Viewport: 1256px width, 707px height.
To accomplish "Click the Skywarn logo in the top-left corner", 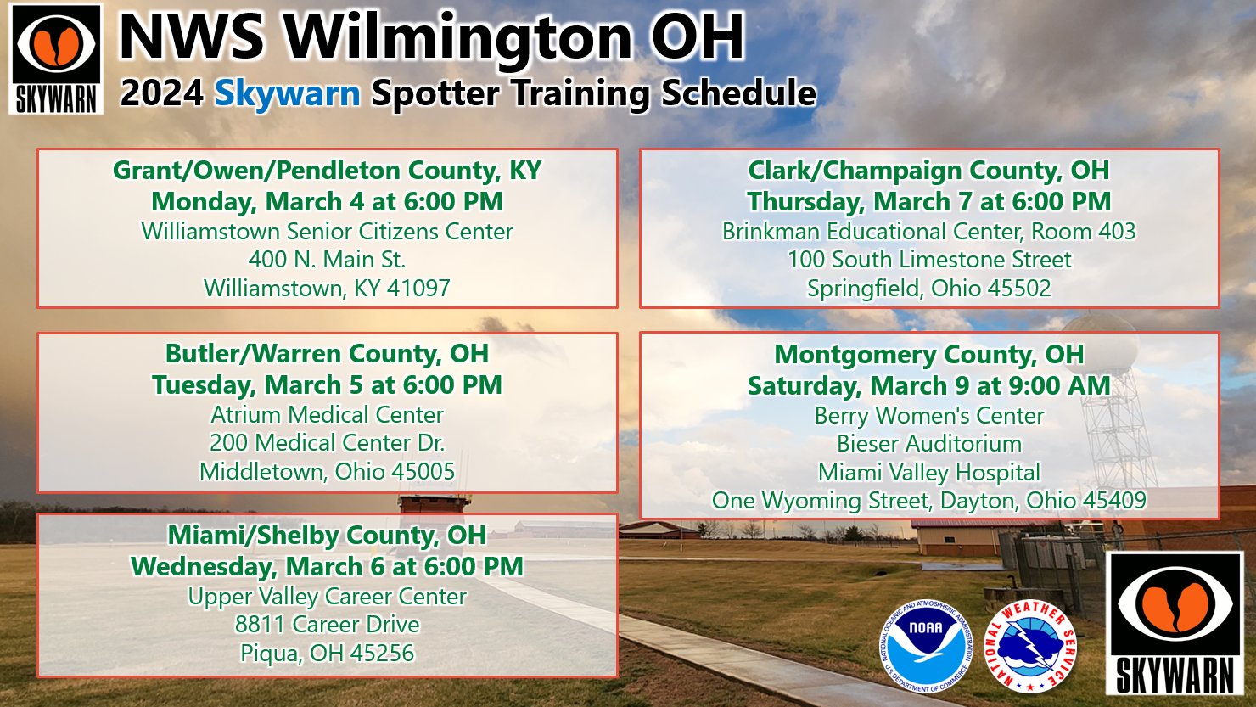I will tap(56, 59).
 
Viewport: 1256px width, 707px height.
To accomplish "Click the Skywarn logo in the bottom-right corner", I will tap(1175, 624).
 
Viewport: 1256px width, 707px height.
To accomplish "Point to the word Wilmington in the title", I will tap(458, 37).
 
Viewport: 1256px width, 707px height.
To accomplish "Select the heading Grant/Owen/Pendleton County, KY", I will tap(327, 170).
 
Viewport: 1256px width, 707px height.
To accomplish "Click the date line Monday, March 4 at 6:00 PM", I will tap(327, 201).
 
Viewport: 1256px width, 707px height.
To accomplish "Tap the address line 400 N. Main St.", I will tap(327, 259).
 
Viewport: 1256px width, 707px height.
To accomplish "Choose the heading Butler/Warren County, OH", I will tap(327, 353).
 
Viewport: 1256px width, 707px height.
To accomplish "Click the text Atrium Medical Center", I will tap(327, 414).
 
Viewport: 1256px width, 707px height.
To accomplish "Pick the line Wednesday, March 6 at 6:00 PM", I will tap(327, 566).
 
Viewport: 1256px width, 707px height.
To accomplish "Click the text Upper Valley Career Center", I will tap(327, 596).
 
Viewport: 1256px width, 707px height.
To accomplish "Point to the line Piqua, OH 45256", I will tap(327, 653).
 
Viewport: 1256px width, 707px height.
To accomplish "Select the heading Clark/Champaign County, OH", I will tap(928, 170).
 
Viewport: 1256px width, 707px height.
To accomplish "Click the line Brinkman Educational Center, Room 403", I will tap(928, 231).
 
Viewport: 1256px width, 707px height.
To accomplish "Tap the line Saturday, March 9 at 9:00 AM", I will tap(928, 385).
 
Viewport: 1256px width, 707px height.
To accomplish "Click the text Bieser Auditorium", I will tap(928, 443).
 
